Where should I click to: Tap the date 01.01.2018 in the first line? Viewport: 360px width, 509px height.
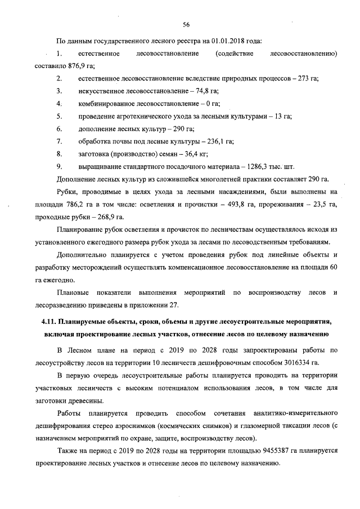point(226,40)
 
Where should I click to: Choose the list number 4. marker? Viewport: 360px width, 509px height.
point(59,103)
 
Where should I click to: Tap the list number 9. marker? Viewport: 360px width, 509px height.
point(59,167)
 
